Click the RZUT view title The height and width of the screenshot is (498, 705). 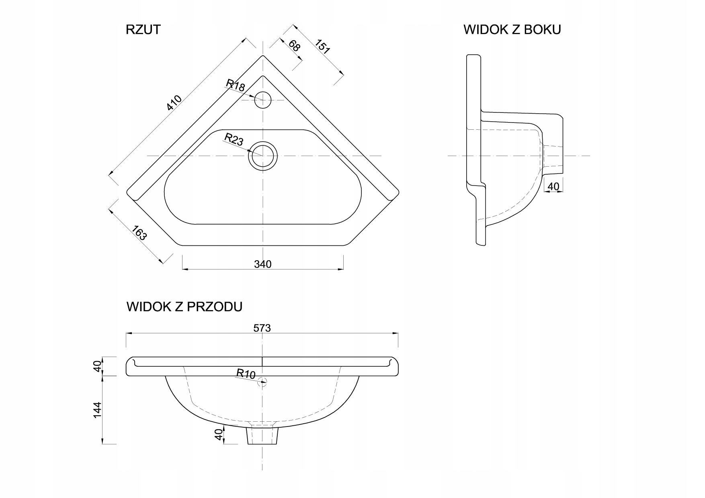(143, 30)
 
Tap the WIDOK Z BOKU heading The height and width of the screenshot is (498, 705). (512, 30)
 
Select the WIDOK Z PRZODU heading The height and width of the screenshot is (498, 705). (184, 307)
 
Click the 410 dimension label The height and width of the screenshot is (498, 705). (174, 103)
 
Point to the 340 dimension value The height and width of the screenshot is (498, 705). (263, 264)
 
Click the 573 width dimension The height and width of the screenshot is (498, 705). (262, 328)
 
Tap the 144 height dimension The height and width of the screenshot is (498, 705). (97, 410)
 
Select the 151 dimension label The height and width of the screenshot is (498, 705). (322, 47)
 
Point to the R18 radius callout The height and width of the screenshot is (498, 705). (236, 86)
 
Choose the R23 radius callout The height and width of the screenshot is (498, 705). (234, 139)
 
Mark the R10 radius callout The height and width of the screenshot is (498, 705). (246, 374)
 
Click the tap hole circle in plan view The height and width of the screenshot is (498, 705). (263, 100)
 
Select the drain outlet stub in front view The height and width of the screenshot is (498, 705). (262, 436)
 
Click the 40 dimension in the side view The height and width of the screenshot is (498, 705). (553, 187)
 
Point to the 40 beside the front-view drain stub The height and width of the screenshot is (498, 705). (219, 435)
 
